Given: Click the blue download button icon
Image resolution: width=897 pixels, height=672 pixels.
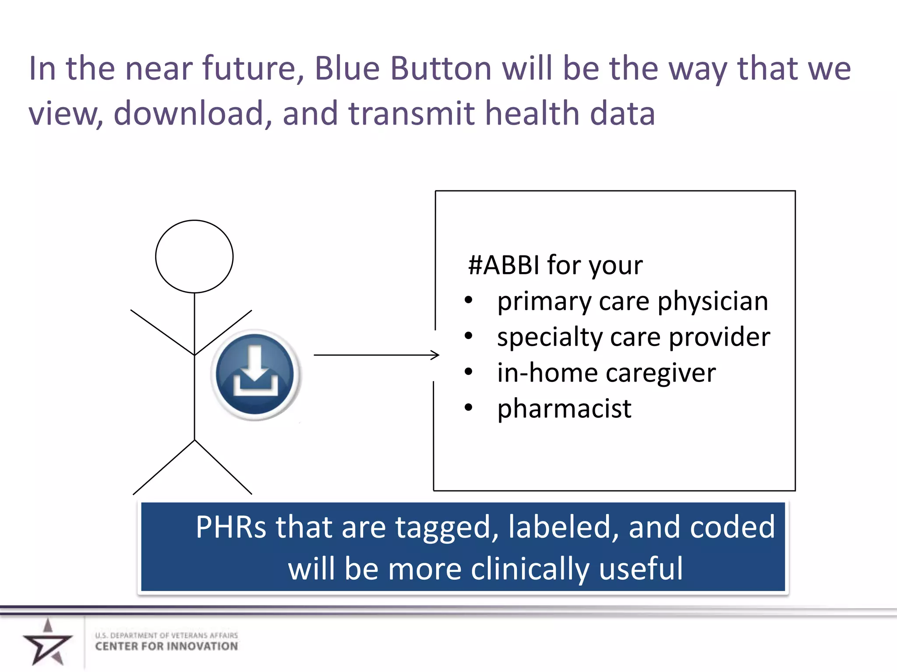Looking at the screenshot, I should [255, 374].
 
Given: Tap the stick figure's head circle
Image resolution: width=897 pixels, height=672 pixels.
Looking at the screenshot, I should [194, 256].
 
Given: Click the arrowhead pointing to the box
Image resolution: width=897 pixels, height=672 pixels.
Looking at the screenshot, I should [434, 355].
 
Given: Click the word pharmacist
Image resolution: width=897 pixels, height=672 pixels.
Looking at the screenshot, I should [564, 409].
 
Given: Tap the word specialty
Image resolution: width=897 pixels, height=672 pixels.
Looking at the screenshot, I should [549, 337].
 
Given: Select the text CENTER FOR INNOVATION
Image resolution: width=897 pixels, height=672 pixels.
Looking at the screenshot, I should [166, 647].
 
